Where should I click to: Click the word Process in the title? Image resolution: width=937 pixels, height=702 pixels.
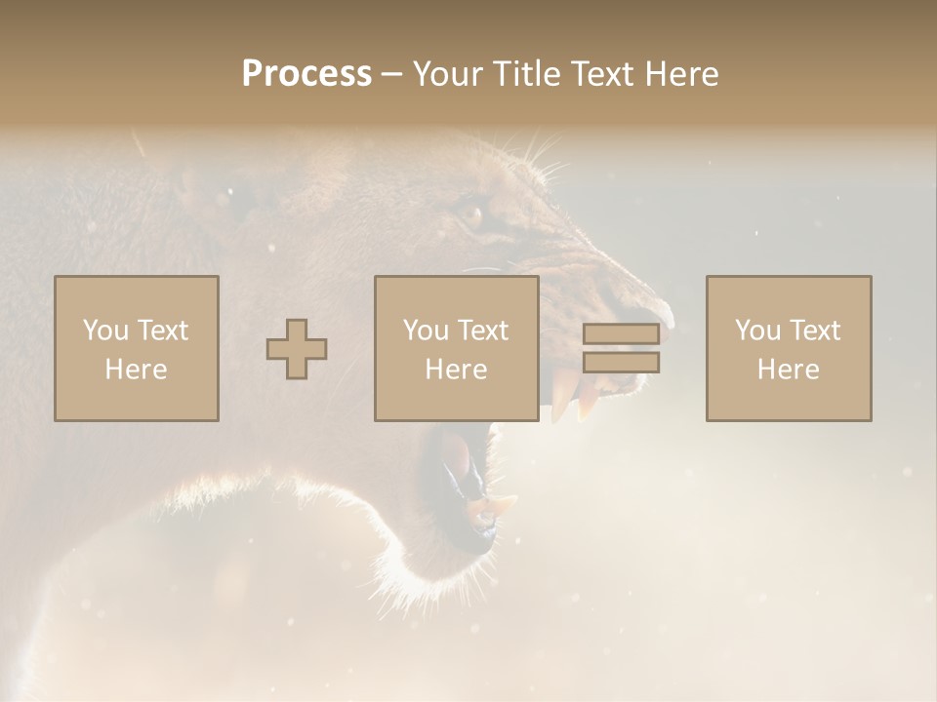306,74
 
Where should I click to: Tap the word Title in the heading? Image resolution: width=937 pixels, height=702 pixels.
529,74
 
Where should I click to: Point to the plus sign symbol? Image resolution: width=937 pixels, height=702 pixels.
297,348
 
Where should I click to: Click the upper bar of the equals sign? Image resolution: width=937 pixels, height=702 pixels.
621,334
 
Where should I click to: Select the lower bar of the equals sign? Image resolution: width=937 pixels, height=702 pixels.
621,363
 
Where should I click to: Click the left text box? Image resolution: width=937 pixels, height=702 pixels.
137,348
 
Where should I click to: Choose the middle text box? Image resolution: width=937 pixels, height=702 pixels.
456,348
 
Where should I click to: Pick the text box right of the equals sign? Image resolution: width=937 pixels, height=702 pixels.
789,348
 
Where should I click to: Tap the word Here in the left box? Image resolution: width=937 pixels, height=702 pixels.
136,370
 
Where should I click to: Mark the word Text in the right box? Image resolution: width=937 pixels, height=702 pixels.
815,331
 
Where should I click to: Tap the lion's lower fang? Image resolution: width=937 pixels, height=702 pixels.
496,507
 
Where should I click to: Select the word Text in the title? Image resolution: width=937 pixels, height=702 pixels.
604,74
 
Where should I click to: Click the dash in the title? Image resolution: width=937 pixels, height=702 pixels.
391,74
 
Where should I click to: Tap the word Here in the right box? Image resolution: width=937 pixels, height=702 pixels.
788,370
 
